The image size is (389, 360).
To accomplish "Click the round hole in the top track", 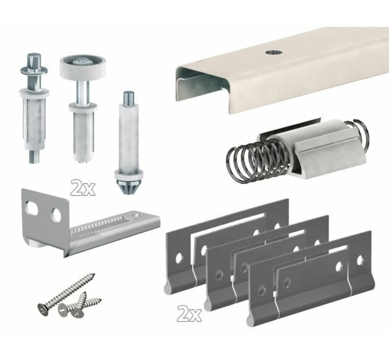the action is tap(273, 52).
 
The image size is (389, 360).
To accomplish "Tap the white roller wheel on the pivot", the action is tap(78, 66).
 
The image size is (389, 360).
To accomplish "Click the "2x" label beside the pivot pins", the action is tap(82, 188).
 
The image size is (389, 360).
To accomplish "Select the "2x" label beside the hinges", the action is tap(189, 313).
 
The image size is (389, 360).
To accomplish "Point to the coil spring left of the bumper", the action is tap(257, 160).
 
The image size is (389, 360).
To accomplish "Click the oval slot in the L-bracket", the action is tap(31, 208).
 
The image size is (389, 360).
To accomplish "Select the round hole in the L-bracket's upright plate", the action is tap(56, 215).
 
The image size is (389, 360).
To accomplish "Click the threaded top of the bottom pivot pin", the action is tap(129, 97).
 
